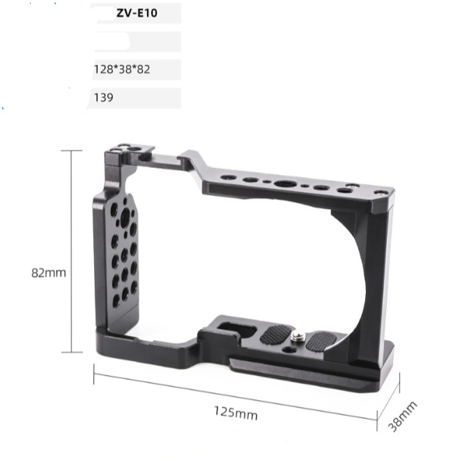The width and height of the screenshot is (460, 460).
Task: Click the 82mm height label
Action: tap(49, 273)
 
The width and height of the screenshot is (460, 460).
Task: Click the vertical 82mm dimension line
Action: tap(72, 251)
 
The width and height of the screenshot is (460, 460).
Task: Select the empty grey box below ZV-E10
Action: tap(136, 41)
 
